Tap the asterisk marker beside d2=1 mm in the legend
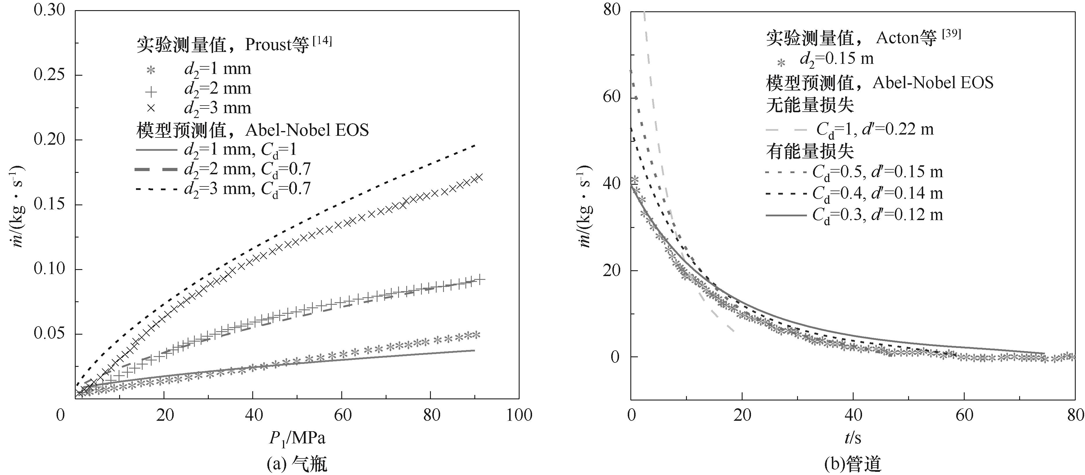point(150,70)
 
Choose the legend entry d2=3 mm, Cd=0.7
point(247,189)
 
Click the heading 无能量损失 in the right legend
point(810,105)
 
